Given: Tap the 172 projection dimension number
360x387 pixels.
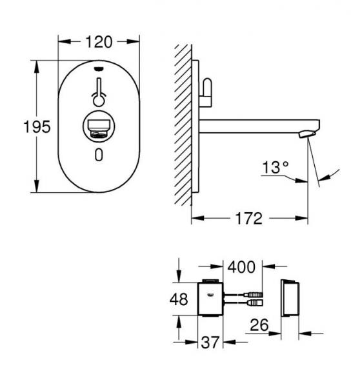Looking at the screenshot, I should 248,219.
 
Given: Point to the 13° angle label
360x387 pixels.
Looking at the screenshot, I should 275,168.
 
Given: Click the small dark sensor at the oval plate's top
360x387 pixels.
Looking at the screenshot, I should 99,70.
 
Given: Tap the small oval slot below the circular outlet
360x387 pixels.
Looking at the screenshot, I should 98,155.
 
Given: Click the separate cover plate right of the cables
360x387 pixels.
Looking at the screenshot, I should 290,299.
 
